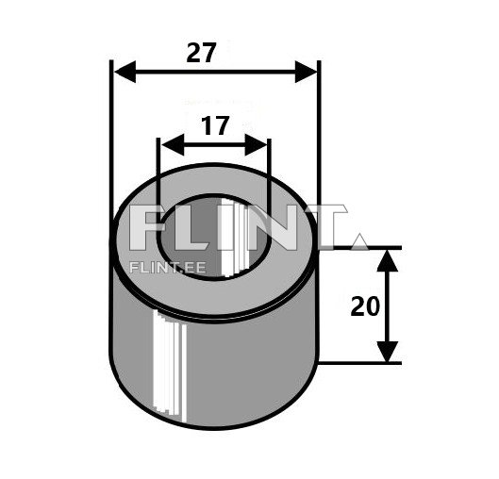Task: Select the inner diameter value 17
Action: coord(215,126)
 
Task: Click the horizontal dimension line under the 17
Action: coord(215,146)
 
